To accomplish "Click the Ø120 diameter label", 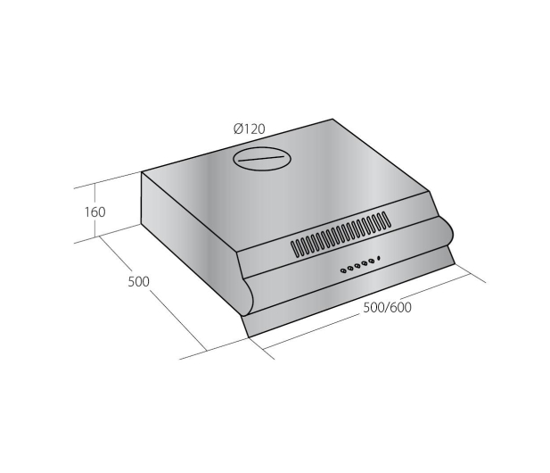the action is click(x=250, y=129).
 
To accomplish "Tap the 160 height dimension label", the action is click(x=94, y=212).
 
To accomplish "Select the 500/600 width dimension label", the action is click(x=387, y=308).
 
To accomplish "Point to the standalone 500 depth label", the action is click(x=138, y=282).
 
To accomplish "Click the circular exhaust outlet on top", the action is click(x=262, y=159).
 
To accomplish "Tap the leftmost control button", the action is click(x=343, y=270).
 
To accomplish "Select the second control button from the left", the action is click(x=350, y=269).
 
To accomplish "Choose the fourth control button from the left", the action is click(x=364, y=264).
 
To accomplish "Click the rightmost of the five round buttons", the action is click(x=371, y=262).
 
